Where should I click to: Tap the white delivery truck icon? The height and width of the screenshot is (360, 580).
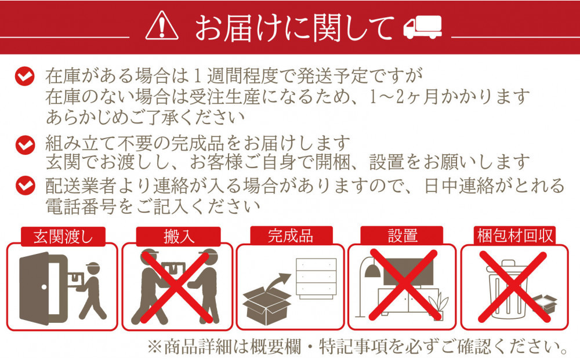[x=423, y=27]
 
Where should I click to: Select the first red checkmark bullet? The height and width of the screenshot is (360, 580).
[x=24, y=76]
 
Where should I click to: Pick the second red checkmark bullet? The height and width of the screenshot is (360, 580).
[x=24, y=143]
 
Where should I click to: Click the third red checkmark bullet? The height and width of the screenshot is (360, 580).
[x=24, y=186]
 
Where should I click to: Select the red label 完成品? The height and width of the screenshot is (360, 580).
[x=290, y=235]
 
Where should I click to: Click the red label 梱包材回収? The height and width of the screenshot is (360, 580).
[x=515, y=237]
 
